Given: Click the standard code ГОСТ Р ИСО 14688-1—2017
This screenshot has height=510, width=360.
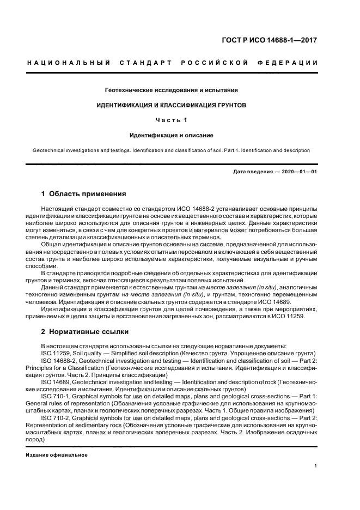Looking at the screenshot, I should (277, 40).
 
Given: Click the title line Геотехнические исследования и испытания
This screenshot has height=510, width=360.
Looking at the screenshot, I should (172, 89).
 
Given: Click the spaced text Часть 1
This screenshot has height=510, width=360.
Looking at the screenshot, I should (172, 119).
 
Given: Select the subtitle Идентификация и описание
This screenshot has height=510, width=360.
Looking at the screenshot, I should (172, 135).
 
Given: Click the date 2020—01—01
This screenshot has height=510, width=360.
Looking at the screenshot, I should (298, 173).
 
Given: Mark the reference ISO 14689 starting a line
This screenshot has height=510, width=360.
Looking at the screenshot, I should (56, 382).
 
